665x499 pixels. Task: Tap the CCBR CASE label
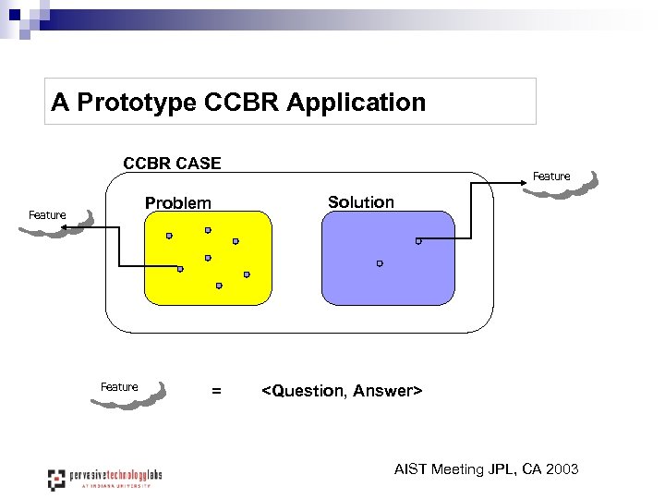click(x=172, y=164)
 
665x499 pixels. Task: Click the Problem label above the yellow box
click(x=177, y=202)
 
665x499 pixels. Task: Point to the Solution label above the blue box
click(x=360, y=201)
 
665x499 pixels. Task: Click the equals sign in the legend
click(x=216, y=391)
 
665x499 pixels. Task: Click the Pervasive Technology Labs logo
click(x=104, y=478)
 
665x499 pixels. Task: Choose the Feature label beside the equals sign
click(x=119, y=387)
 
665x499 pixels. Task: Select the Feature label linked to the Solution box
click(x=551, y=176)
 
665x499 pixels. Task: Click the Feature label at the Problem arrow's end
click(x=47, y=215)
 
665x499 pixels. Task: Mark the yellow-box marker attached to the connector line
click(x=180, y=269)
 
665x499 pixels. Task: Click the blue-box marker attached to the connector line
click(x=417, y=241)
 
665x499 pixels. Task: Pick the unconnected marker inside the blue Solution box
click(x=379, y=263)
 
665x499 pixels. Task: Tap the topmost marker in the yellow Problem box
click(x=208, y=229)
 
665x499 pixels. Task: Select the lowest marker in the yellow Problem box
click(x=219, y=286)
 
